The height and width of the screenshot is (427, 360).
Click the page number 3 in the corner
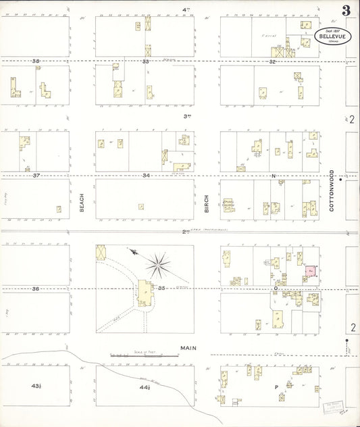(x=345, y=10)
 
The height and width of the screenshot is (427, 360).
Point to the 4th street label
(x=185, y=9)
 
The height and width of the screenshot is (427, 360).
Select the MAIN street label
(x=187, y=349)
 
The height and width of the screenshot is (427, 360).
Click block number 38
(x=36, y=61)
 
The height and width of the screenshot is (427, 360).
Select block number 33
(x=145, y=61)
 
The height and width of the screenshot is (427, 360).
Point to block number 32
(x=272, y=61)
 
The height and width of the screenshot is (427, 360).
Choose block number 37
(x=36, y=175)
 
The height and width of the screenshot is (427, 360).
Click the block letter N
(x=274, y=176)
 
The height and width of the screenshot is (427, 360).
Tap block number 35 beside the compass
(x=162, y=288)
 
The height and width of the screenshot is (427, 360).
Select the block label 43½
(x=36, y=386)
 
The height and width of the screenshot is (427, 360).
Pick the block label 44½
(x=145, y=388)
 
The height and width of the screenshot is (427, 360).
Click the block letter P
(x=276, y=387)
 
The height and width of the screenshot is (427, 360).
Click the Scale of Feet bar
(x=145, y=355)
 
